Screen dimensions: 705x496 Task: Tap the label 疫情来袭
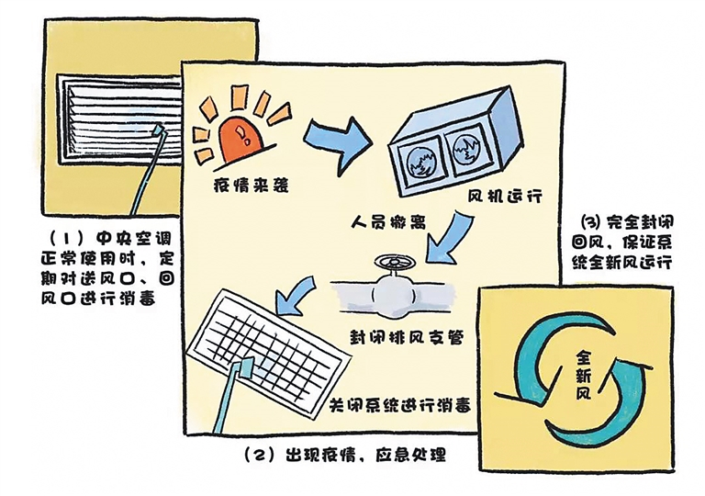251,185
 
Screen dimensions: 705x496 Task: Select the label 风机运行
505,197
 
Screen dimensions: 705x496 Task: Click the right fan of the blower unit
466,152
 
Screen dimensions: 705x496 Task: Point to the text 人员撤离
388,222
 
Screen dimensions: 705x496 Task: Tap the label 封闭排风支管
407,338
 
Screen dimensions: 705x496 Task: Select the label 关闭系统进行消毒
399,406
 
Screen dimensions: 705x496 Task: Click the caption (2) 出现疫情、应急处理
345,455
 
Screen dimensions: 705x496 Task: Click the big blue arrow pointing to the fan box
337,143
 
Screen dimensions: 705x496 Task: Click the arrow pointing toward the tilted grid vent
295,295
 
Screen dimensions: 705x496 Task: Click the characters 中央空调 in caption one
134,238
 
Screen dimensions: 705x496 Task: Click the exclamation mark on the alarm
242,134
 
